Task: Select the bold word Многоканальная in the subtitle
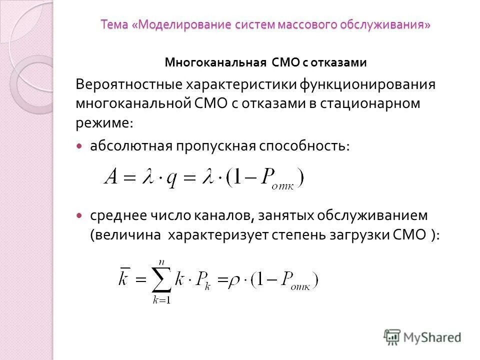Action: point(215,62)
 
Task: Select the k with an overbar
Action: point(124,278)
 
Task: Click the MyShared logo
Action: point(422,336)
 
